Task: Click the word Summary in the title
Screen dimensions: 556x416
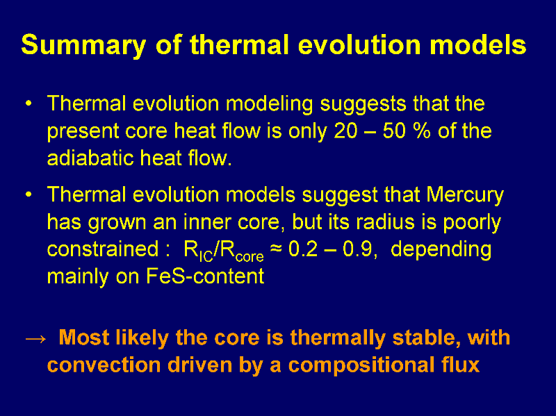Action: pyautogui.click(x=83, y=45)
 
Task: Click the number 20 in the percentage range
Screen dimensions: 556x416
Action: pyautogui.click(x=345, y=131)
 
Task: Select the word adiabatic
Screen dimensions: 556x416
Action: pyautogui.click(x=91, y=158)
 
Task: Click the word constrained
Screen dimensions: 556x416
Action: pyautogui.click(x=103, y=249)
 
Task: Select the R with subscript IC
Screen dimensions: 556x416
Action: pyautogui.click(x=198, y=251)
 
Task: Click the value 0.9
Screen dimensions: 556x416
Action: pyautogui.click(x=357, y=249)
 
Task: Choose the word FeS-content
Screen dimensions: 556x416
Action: pyautogui.click(x=205, y=276)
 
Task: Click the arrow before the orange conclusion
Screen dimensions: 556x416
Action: pyautogui.click(x=36, y=339)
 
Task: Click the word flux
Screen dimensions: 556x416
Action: pyautogui.click(x=458, y=365)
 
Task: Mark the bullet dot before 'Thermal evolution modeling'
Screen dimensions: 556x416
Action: pyautogui.click(x=28, y=103)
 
